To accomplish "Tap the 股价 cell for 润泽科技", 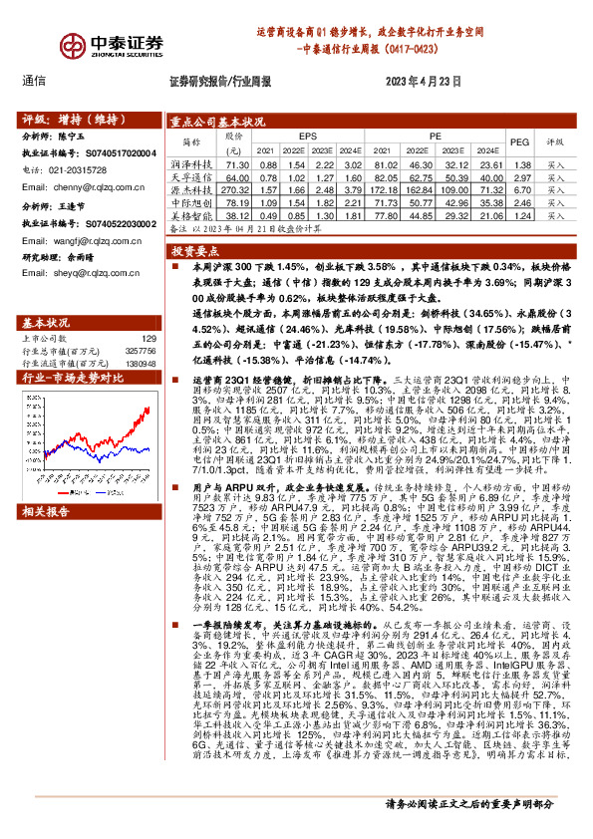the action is pyautogui.click(x=237, y=164).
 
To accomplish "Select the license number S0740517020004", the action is pyautogui.click(x=116, y=153).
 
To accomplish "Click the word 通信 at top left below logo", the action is pyautogui.click(x=35, y=83).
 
